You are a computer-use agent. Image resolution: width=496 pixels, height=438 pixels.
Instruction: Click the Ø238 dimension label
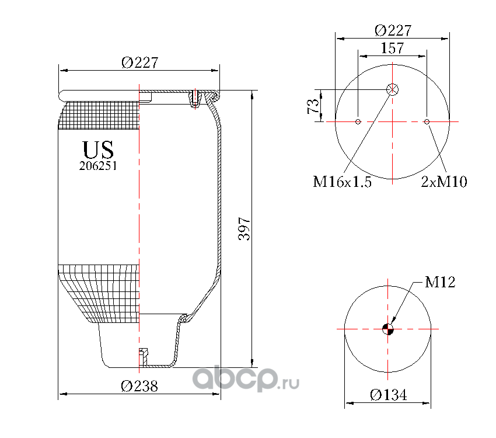point(139,386)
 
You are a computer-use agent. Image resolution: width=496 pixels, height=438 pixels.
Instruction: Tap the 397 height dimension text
point(244,228)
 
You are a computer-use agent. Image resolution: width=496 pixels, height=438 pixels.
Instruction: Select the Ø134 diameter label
point(389,395)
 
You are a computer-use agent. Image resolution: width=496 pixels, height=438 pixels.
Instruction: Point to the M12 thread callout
point(440,282)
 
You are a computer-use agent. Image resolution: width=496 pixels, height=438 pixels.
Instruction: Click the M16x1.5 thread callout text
point(342,182)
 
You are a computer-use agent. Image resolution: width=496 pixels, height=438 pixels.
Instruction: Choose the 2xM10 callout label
point(444,182)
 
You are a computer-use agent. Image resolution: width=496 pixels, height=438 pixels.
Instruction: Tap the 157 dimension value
point(392,48)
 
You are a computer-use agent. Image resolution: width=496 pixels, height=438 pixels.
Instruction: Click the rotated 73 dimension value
point(313,106)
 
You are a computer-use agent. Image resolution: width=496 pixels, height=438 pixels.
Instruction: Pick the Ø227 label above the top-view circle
point(393,31)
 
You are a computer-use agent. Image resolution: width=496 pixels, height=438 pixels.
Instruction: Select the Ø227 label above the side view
point(139,62)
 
